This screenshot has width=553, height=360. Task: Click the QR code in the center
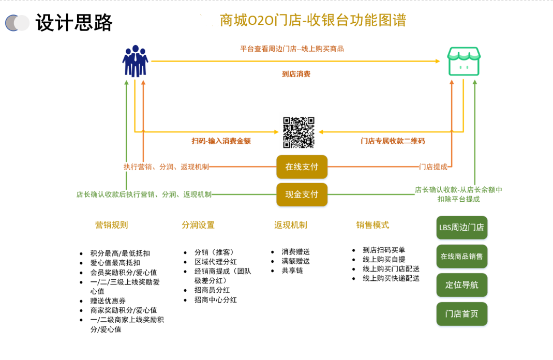coord(299,132)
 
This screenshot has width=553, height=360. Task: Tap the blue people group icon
coord(135,61)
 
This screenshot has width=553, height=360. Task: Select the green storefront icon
coord(464,62)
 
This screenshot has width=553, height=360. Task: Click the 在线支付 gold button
coord(302,167)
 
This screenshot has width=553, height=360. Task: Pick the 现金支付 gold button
coord(302,194)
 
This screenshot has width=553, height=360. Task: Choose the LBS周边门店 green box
coord(461,228)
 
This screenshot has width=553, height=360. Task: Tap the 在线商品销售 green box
coord(461,256)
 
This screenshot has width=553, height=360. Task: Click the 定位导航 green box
coord(461,285)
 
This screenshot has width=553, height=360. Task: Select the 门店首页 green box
coord(461,314)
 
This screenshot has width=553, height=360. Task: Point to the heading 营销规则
coord(111,225)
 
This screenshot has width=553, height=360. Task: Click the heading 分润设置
coord(198,225)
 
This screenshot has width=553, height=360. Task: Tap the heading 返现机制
coord(291,225)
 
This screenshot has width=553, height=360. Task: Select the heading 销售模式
coord(372,225)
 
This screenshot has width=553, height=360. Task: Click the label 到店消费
coord(296,74)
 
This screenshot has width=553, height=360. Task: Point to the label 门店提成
coord(433,167)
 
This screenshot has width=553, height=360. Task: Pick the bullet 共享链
coord(292,271)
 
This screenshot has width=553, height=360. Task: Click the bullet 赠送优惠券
coord(108,301)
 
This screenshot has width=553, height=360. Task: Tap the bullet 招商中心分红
coord(216,299)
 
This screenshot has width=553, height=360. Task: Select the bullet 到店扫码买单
coord(384,250)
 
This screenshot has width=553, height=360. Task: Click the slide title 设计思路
coord(74,22)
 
